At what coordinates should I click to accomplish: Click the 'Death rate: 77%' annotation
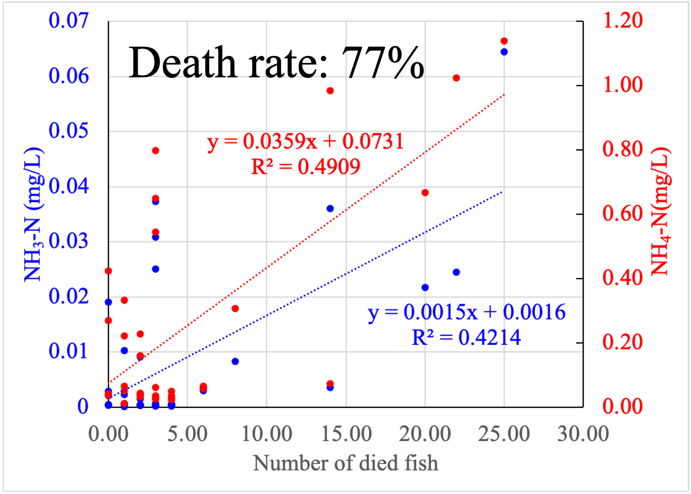277,63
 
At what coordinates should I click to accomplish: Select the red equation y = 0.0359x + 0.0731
306,141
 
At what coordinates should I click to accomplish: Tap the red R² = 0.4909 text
306,167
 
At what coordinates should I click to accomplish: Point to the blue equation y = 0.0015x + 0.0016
467,312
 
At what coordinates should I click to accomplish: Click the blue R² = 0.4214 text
466,338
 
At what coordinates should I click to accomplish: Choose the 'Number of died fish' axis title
345,463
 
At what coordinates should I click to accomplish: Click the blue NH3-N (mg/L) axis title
33,215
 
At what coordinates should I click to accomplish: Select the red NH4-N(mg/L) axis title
660,212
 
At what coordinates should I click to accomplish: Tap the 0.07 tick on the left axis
68,20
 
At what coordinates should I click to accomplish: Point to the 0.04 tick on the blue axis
68,186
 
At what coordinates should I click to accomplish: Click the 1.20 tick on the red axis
623,20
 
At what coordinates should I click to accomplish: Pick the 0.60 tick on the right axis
623,214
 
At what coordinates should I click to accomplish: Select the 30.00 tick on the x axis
583,434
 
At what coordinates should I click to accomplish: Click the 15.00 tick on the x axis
346,434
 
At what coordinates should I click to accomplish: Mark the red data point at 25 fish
504,41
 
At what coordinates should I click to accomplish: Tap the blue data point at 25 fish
504,52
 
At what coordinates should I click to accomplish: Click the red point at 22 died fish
456,78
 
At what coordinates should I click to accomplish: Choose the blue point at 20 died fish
425,287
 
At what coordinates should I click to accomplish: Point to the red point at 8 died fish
235,308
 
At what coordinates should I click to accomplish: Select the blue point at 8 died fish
235,361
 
